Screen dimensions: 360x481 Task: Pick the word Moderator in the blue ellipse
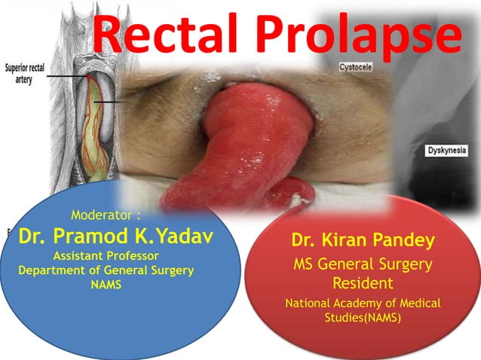[x=105, y=215]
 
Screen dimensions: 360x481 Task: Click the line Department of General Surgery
[x=106, y=270]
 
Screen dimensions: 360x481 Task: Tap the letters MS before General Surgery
[x=305, y=264]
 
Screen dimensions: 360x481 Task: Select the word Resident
[x=363, y=284]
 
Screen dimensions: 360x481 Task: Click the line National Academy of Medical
[x=363, y=304]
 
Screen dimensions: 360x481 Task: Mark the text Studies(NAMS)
[x=363, y=318]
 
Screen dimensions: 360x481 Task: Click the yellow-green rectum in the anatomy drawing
[x=96, y=128]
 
